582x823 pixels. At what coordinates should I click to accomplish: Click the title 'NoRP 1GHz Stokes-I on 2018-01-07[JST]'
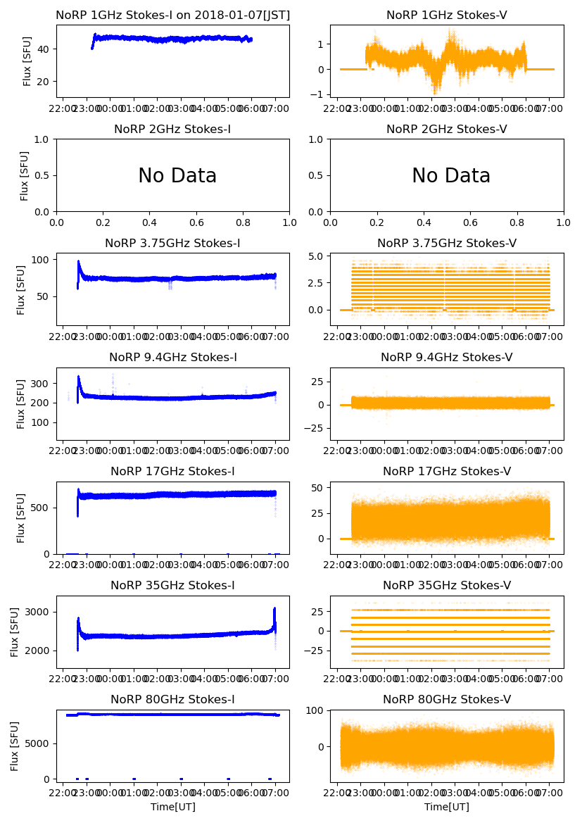(x=172, y=15)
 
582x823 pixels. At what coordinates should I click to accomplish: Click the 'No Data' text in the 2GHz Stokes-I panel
(x=177, y=175)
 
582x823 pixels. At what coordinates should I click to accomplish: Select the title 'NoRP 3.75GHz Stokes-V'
(x=447, y=244)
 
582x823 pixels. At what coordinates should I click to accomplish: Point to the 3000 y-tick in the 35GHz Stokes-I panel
(x=39, y=612)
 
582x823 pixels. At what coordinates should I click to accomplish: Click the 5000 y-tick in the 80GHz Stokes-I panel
(x=39, y=743)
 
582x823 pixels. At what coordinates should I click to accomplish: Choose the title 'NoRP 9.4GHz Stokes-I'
(x=172, y=358)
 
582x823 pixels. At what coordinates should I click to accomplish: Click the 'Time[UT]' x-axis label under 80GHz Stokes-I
(x=172, y=807)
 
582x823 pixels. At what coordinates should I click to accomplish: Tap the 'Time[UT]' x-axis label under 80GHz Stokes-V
(x=447, y=807)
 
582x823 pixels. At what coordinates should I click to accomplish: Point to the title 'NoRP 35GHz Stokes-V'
(x=447, y=586)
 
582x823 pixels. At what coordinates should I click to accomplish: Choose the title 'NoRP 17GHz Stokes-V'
(x=447, y=472)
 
